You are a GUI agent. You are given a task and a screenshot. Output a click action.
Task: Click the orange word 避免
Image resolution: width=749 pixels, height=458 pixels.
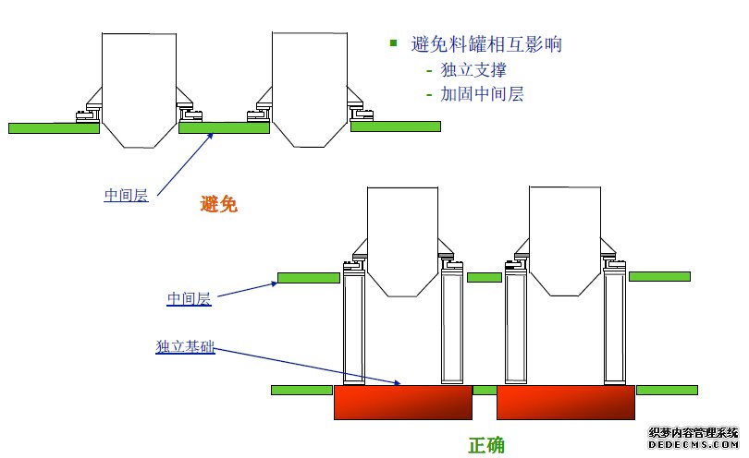(x=219, y=205)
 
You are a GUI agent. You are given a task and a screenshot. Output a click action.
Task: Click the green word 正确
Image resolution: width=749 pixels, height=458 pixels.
(x=486, y=445)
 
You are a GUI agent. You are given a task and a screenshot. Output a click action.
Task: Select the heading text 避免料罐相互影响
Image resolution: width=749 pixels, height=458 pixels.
(x=486, y=44)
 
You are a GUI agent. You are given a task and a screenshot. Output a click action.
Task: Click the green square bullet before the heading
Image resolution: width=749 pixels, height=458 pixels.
(x=393, y=43)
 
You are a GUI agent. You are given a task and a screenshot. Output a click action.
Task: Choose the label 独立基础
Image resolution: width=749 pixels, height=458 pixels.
(x=185, y=347)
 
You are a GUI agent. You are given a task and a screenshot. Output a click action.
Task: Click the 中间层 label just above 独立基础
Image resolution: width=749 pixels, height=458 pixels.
(x=189, y=299)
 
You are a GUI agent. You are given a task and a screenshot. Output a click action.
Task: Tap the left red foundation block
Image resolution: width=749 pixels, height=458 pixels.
(x=402, y=403)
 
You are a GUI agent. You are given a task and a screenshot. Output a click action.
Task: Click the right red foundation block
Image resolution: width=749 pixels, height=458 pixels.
(x=565, y=403)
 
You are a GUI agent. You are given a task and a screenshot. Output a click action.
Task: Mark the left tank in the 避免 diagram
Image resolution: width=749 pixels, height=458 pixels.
(x=139, y=88)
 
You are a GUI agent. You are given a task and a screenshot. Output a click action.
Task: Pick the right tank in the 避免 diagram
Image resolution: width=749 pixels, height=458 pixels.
(x=309, y=88)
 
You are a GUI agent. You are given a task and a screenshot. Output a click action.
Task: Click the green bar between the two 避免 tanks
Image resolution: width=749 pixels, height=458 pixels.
(x=223, y=128)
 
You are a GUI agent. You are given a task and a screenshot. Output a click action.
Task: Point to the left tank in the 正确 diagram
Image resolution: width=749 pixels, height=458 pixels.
(x=401, y=240)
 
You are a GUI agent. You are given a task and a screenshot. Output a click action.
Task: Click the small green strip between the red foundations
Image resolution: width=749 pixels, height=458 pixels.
(x=485, y=390)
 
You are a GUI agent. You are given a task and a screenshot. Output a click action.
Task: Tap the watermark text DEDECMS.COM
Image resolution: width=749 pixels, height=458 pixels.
(x=693, y=444)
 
